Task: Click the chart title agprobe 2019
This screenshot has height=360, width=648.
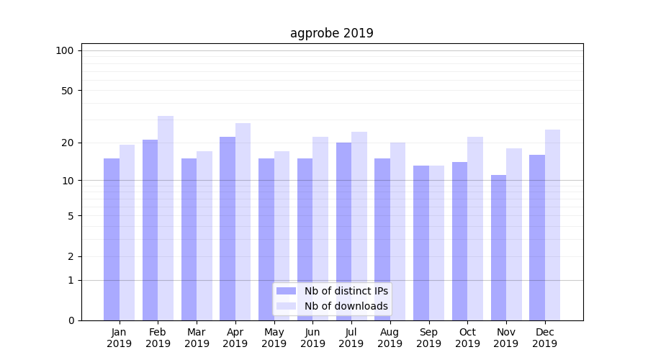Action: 331,33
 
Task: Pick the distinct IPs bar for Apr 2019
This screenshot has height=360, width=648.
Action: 228,228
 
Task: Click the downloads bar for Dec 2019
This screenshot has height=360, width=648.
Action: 552,225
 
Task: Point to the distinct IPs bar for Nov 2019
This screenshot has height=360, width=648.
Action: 498,248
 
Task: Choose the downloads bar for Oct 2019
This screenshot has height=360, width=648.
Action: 475,228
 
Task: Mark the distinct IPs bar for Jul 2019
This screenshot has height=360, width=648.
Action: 343,231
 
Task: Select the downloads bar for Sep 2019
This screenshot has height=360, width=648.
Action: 436,243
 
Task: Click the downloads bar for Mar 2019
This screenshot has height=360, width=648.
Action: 204,235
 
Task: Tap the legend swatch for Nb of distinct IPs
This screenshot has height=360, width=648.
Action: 287,291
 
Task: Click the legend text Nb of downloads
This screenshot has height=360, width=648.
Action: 346,306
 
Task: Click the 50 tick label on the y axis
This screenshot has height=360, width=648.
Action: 68,91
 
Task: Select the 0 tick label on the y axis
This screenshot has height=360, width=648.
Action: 71,320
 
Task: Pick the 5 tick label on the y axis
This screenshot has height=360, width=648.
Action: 71,215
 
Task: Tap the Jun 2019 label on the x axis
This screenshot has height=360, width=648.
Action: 312,338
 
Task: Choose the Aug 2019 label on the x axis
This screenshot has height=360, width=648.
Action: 390,338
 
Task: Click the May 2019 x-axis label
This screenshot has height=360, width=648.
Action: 274,338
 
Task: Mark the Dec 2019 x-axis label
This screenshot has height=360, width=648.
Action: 544,338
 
